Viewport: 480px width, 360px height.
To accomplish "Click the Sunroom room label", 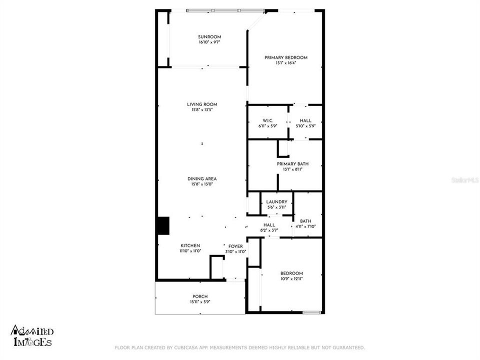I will (209, 37).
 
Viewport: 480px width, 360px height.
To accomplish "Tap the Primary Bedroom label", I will (285, 57).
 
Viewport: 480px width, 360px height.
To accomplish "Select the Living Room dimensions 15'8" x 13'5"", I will (202, 110).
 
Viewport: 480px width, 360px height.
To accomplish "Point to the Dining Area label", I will (202, 178).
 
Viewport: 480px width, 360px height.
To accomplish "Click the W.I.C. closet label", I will (267, 121).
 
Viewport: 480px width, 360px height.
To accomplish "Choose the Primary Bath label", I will (292, 164).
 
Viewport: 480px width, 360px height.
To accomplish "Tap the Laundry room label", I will (276, 202).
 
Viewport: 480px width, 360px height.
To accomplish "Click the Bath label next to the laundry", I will (305, 221).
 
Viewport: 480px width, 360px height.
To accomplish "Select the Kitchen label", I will (190, 245).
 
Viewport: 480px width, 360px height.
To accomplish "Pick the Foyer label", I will (235, 246).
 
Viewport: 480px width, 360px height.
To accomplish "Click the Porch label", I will (200, 296).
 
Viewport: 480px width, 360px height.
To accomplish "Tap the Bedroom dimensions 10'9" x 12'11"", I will (291, 278).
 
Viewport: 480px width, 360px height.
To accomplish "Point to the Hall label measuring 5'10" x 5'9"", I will (305, 121).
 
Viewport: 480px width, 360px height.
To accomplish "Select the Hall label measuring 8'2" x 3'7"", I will (269, 225).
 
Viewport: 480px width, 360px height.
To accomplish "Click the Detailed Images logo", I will (32, 336).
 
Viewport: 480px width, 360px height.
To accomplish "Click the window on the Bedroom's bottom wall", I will (311, 312).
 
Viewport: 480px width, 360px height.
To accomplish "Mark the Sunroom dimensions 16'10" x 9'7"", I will (209, 42).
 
